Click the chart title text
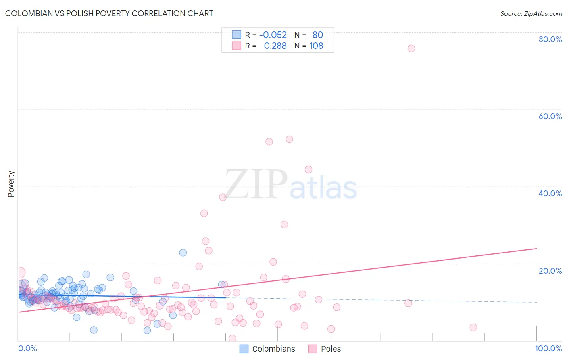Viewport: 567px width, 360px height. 109,13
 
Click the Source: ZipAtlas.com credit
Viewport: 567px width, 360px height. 531,13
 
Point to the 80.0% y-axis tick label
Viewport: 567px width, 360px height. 550,39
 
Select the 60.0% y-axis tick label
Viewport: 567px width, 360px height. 550,116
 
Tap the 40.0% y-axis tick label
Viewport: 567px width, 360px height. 550,193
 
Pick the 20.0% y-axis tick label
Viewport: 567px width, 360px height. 550,271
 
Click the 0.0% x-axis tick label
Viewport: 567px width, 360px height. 27,348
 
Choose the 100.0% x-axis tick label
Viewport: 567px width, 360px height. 548,348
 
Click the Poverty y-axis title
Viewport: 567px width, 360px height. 11,184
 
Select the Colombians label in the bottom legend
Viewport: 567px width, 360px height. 273,349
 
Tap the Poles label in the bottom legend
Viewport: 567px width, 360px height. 331,349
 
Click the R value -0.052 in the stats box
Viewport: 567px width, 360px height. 273,35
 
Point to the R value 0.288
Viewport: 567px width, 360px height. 275,46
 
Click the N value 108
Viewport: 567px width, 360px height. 316,46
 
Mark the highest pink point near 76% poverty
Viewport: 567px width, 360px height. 411,48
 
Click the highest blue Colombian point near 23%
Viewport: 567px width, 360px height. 183,253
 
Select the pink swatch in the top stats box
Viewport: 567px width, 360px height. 236,46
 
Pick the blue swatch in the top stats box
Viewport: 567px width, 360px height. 236,35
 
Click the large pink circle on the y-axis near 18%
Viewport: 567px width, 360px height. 19,272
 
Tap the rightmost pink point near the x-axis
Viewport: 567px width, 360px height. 473,327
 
